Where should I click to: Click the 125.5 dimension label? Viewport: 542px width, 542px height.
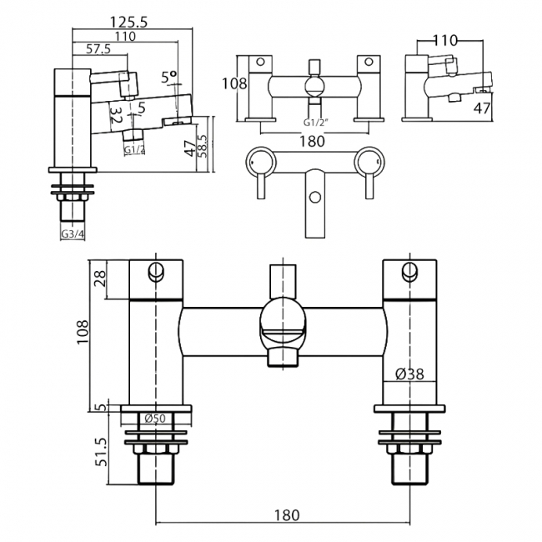[x=128, y=23]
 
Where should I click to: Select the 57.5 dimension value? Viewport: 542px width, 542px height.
[x=98, y=49]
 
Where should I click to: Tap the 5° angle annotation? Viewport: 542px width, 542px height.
[x=169, y=77]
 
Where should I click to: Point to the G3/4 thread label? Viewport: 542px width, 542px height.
[x=73, y=234]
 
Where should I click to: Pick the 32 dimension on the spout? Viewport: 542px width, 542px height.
[x=116, y=115]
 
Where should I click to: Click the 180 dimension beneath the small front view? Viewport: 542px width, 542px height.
[x=312, y=141]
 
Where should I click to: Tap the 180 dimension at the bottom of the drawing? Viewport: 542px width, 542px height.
[x=287, y=515]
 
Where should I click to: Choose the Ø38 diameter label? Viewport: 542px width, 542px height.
[x=409, y=374]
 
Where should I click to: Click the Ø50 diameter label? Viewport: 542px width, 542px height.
[x=155, y=419]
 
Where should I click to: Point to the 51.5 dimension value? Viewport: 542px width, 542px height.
[x=102, y=453]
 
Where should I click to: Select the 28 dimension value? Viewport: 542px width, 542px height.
[x=100, y=279]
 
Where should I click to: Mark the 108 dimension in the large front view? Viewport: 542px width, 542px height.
[x=83, y=332]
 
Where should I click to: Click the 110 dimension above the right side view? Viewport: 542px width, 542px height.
[x=445, y=41]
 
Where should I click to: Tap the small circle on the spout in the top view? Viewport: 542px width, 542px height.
[x=314, y=198]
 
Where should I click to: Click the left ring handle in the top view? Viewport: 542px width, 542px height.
[x=261, y=162]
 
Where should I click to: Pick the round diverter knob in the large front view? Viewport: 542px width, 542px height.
[x=284, y=318]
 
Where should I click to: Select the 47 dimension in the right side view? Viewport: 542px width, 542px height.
[x=482, y=108]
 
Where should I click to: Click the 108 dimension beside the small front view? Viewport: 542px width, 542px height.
[x=234, y=83]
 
